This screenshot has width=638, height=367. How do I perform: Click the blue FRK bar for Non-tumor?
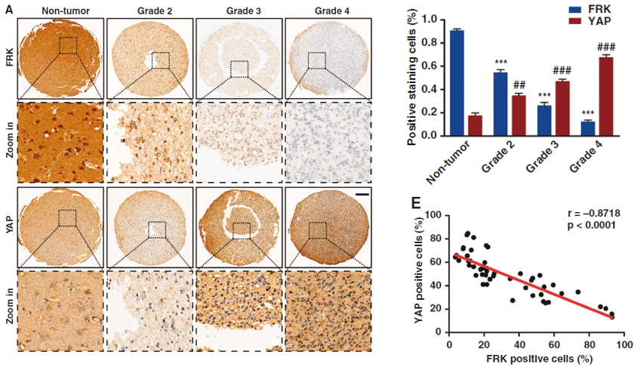click(457, 83)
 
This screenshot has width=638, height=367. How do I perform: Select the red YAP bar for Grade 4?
click(606, 97)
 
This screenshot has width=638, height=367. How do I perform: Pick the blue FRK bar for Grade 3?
click(544, 121)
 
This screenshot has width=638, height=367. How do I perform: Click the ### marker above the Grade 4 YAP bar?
click(606, 47)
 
